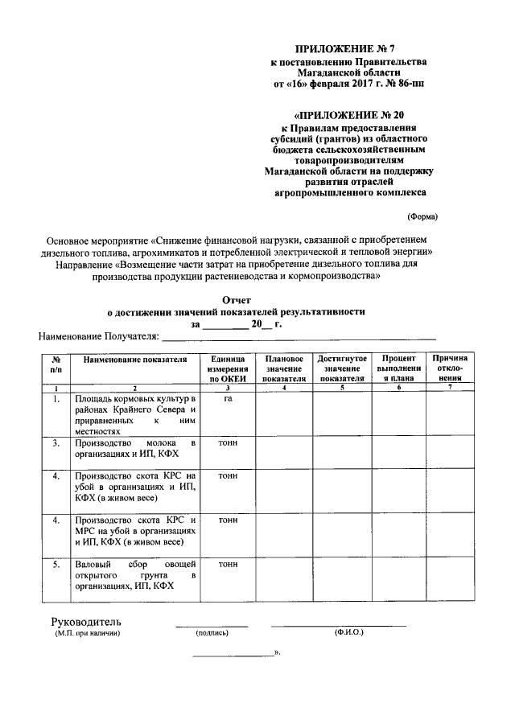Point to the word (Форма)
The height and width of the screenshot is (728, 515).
(x=422, y=216)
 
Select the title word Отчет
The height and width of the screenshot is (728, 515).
(x=236, y=298)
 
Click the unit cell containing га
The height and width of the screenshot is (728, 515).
(x=228, y=398)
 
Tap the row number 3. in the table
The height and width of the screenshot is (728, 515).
(x=56, y=443)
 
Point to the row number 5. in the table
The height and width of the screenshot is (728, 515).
(x=56, y=564)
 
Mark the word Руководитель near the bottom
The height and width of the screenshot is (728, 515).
(x=86, y=622)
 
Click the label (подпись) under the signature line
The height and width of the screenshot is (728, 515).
(x=212, y=634)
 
